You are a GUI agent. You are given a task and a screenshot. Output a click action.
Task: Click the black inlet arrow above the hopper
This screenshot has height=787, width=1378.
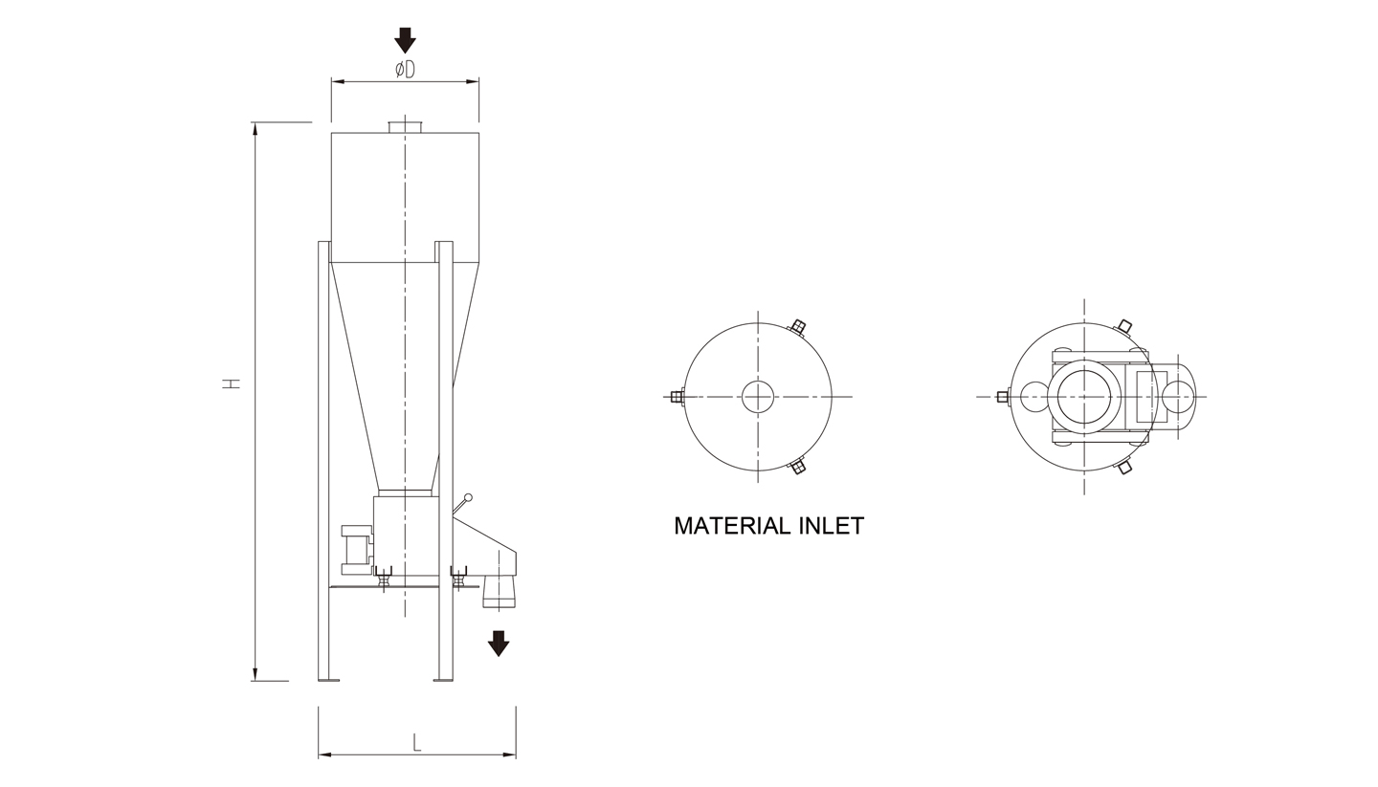(405, 40)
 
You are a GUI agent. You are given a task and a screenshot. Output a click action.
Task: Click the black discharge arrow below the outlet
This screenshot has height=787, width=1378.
(499, 644)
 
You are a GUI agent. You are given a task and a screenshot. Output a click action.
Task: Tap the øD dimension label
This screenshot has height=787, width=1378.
(405, 70)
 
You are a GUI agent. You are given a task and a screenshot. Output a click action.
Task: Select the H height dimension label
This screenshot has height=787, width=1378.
(231, 383)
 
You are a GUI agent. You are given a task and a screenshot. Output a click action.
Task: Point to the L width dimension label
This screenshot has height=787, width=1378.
(417, 743)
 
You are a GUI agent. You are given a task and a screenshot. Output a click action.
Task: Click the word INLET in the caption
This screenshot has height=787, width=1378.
(833, 526)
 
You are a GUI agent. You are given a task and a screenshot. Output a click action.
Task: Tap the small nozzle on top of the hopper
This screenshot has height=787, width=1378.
(405, 127)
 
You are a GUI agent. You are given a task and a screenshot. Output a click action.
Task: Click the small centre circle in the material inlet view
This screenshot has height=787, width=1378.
(758, 397)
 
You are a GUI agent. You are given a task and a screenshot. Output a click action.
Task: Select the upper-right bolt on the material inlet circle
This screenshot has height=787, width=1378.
(797, 328)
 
